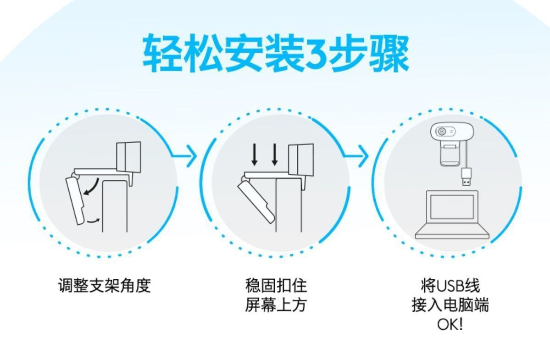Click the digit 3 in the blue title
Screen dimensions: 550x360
(x=316, y=55)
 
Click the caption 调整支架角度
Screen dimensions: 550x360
(x=105, y=286)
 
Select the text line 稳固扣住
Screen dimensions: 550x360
(x=276, y=286)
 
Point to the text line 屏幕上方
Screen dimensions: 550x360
(x=276, y=305)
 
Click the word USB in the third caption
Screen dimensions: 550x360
(x=450, y=286)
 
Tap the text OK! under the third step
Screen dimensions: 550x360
(x=450, y=324)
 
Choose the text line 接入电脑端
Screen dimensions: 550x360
(x=450, y=305)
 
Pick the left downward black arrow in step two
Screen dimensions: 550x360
(x=255, y=154)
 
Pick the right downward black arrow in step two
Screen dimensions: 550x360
(x=274, y=154)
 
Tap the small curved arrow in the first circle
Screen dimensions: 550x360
(x=93, y=221)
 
